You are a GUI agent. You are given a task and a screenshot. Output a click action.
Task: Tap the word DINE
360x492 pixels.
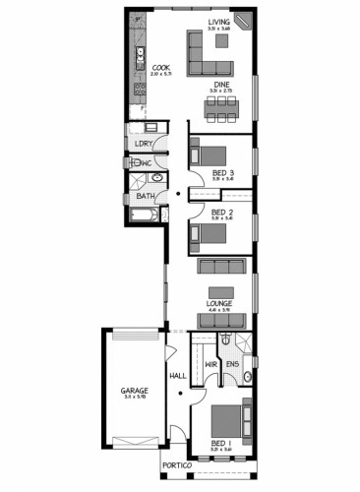223,86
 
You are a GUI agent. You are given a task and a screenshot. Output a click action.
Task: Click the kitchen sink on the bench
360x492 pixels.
140,53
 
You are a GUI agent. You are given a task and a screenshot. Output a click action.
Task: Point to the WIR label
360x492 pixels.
210,365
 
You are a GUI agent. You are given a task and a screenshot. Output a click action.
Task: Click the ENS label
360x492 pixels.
233,365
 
